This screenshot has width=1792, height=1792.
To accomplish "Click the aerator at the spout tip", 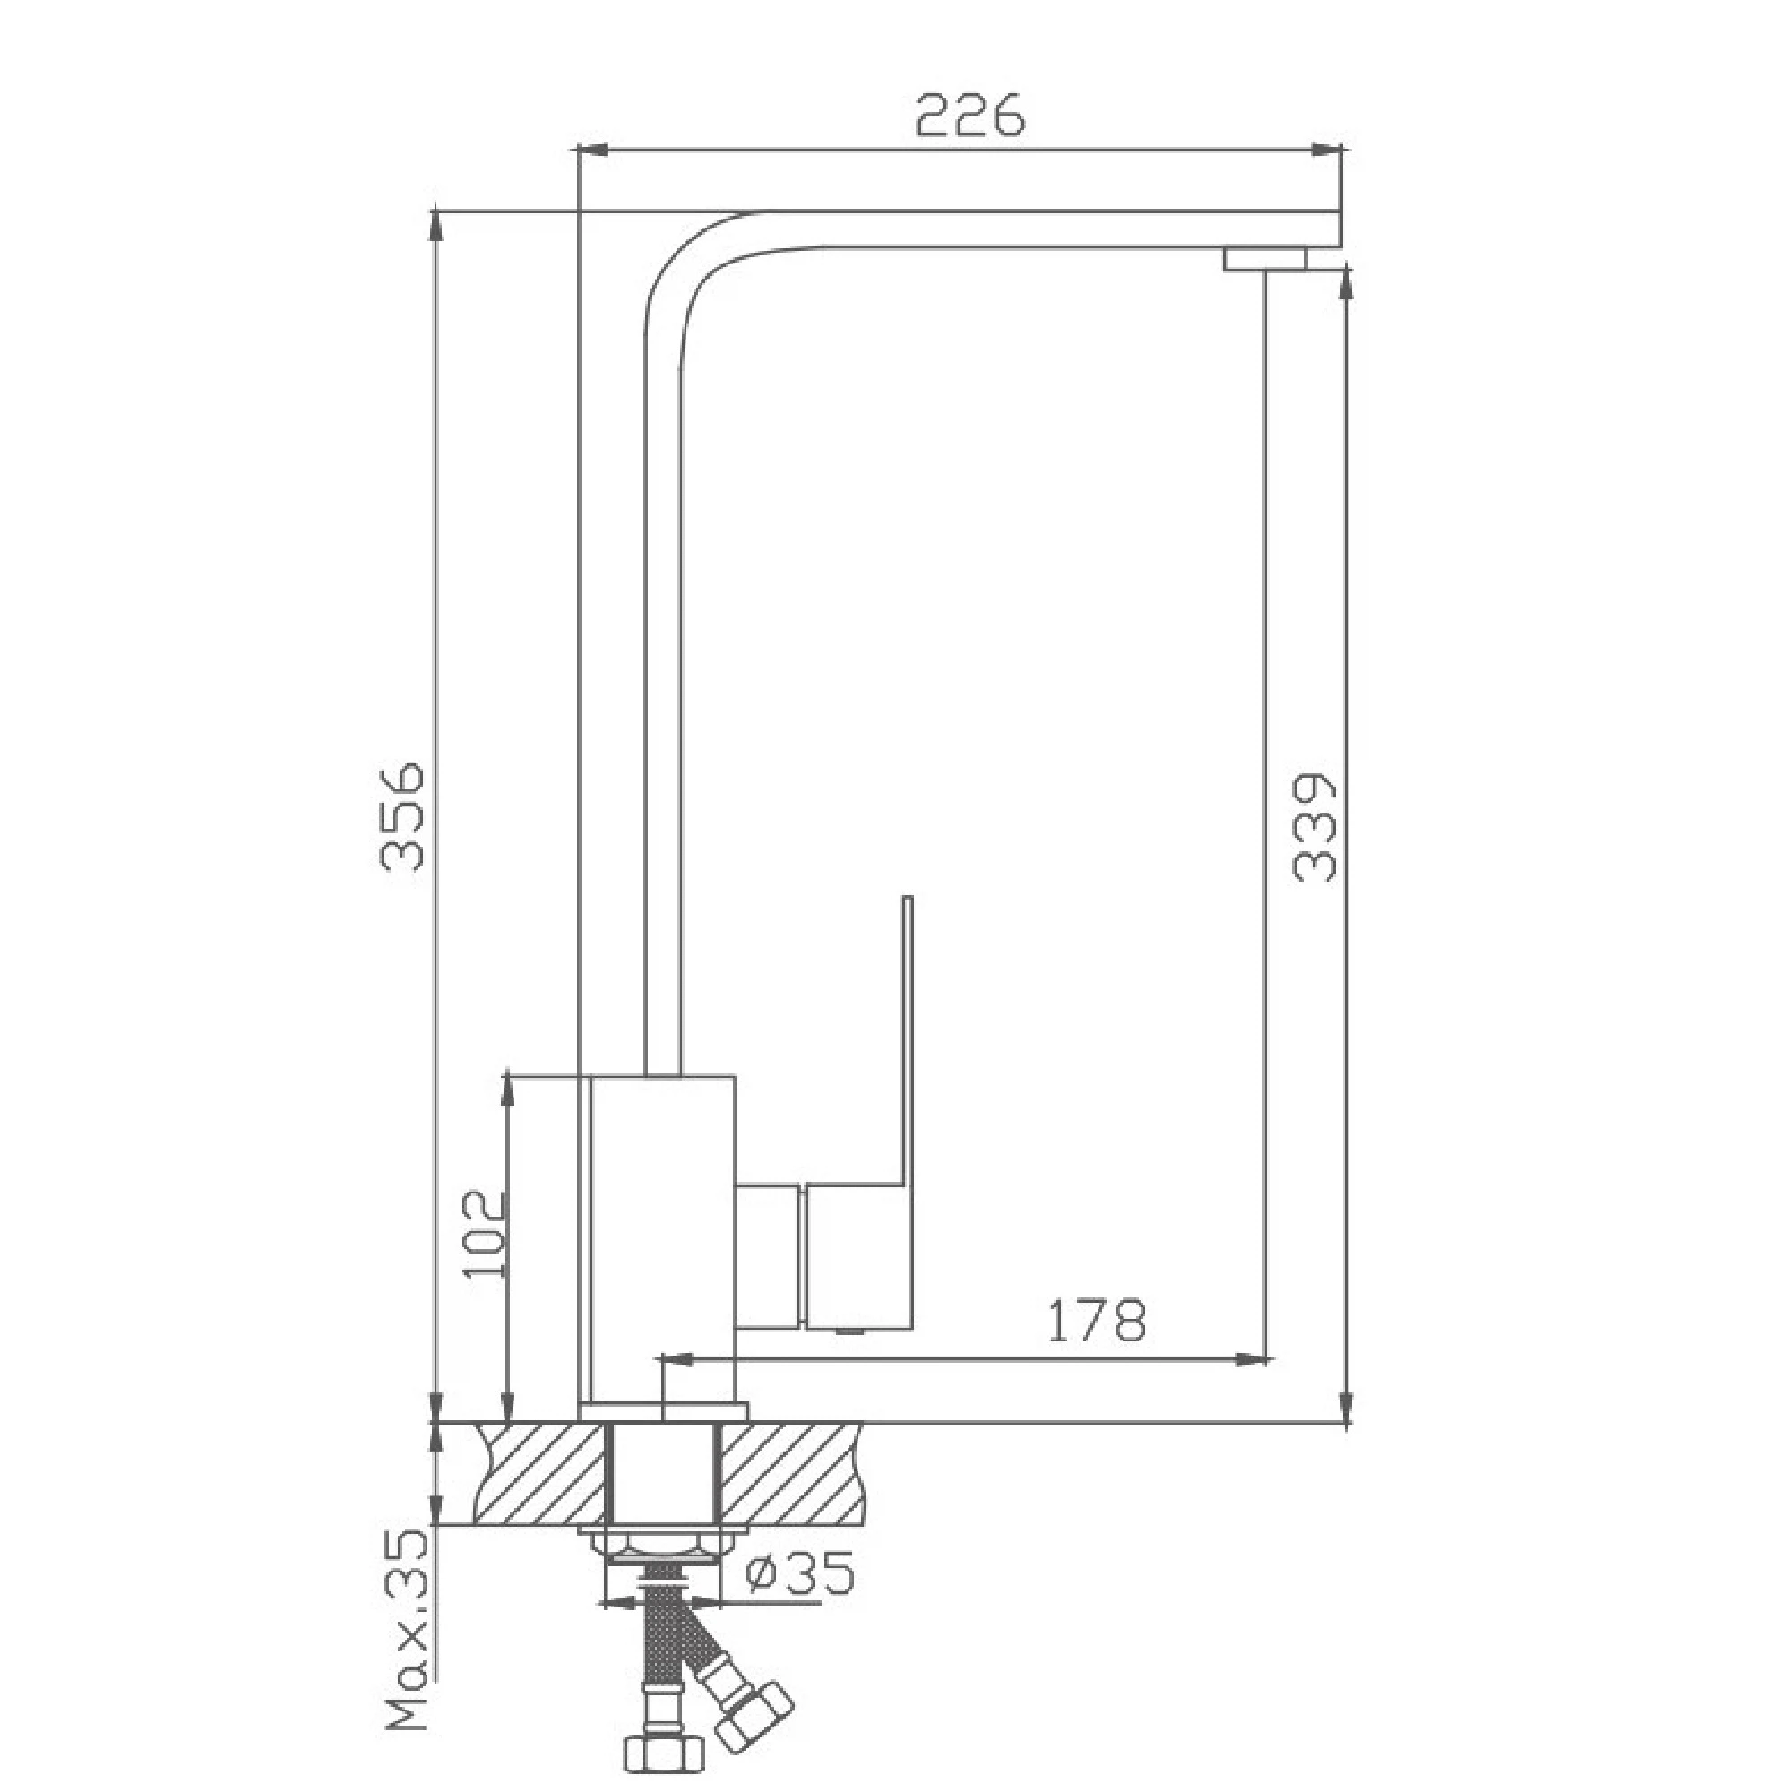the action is (x=1265, y=259).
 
